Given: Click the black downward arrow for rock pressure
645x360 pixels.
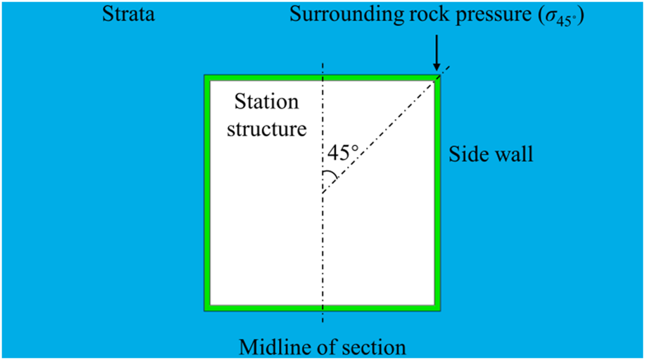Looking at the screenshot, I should (x=437, y=52).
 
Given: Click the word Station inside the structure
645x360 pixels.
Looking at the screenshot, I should (x=267, y=102).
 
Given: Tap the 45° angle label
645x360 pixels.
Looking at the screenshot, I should (x=343, y=153).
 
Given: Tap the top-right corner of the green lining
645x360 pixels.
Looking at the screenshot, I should (x=437, y=77).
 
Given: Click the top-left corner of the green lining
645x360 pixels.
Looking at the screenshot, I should (x=208, y=77).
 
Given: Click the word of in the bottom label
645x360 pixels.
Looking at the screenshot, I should (x=326, y=347).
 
